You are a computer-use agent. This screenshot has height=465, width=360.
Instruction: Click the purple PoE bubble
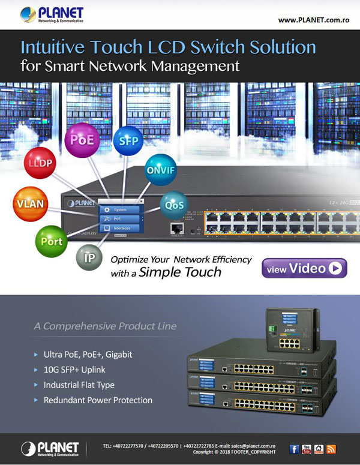pos(82,140)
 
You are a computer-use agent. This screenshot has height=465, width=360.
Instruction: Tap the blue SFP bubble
pos(128,142)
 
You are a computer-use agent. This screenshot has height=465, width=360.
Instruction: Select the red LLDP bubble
pos(40,164)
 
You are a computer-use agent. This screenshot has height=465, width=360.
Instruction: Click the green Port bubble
pos(52,241)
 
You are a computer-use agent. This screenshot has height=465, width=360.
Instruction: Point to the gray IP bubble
pos(89,259)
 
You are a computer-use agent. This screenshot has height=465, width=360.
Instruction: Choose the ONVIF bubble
pos(161,170)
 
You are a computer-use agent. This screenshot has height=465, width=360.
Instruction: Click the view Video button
pos(304,269)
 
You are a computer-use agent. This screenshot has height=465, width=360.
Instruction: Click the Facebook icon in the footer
pos(294,449)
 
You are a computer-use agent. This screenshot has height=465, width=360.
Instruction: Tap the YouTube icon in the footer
pos(307,449)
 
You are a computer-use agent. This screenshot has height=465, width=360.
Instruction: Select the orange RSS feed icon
pos(331,449)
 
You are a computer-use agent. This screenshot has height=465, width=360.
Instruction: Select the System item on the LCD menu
pos(119,209)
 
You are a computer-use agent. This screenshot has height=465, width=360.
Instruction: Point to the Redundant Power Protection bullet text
pos(98,400)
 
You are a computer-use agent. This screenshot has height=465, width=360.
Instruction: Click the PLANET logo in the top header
pos(52,14)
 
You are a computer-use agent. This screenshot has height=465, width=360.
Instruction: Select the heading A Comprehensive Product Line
pos(105,326)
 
